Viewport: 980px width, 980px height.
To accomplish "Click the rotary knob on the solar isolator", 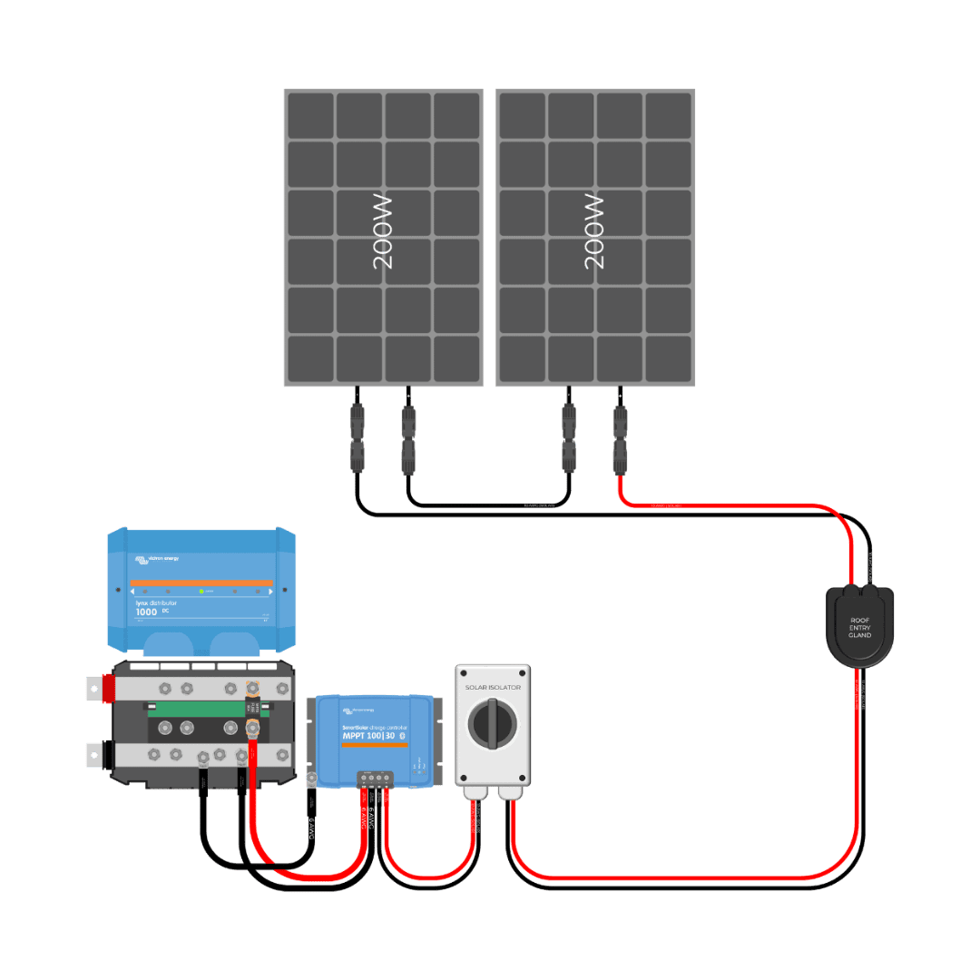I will (493, 725).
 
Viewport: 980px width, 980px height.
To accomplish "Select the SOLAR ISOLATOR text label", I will (493, 688).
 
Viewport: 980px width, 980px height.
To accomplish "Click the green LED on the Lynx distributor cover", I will (201, 591).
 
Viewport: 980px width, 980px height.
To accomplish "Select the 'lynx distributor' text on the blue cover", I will (156, 603).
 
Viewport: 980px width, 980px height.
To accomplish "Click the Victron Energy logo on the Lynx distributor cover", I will (155, 559).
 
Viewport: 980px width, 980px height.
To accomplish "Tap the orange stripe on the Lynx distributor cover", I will (201, 583).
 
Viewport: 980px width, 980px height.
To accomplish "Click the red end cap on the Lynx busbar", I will (105, 689).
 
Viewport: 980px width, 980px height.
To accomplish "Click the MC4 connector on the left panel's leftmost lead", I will (358, 439).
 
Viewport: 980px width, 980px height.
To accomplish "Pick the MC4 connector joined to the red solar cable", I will (620, 439).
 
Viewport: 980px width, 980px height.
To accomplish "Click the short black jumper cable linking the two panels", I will (490, 505).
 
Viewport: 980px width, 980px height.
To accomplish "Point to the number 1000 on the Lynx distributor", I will (146, 612).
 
